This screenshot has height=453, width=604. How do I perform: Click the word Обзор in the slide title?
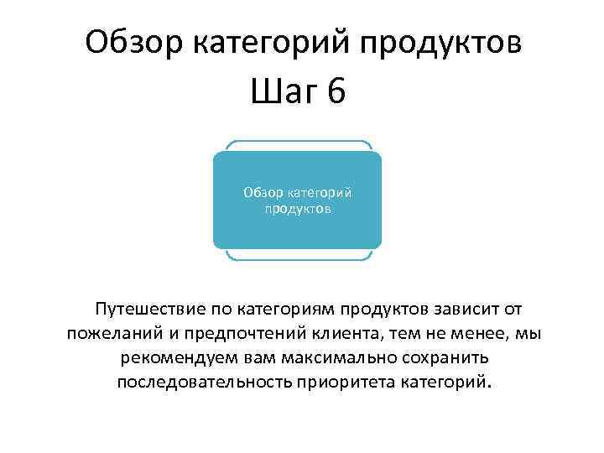click(x=138, y=41)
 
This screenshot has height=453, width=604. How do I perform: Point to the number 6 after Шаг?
click(x=336, y=91)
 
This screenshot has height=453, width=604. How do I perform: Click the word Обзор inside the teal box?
click(x=265, y=192)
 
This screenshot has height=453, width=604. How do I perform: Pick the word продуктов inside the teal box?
click(x=297, y=208)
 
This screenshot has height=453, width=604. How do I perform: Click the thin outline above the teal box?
click(x=297, y=143)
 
